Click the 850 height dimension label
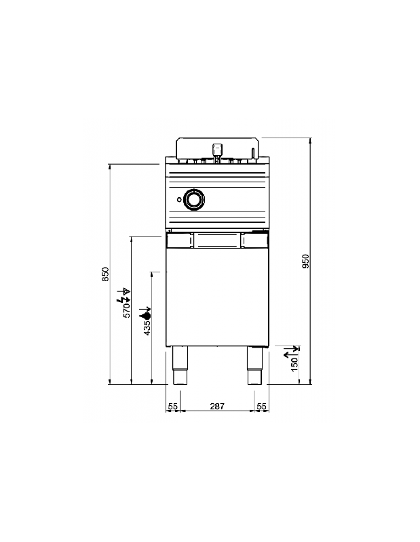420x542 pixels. pos(105,274)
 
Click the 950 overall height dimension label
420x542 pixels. pos(305,262)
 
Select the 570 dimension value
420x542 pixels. pos(127,310)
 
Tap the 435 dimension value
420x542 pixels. pos(147,328)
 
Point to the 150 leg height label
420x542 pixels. pos(294,364)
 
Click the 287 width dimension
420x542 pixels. pos(217,406)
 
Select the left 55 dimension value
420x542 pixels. pos(172,406)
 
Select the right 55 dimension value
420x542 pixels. pos(262,406)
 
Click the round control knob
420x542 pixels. pos(194,199)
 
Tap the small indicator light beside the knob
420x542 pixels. pos(179,199)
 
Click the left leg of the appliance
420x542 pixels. pos(180,365)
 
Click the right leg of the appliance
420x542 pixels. pos(255,365)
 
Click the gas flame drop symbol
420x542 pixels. pos(145,315)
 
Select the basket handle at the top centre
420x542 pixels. pos(216,152)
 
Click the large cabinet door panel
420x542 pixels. pos(217,297)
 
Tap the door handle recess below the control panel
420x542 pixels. pos(217,240)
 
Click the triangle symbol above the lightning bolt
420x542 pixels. pos(127,291)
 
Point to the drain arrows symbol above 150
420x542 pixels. pos(292,351)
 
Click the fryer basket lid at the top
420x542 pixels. pos(217,148)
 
